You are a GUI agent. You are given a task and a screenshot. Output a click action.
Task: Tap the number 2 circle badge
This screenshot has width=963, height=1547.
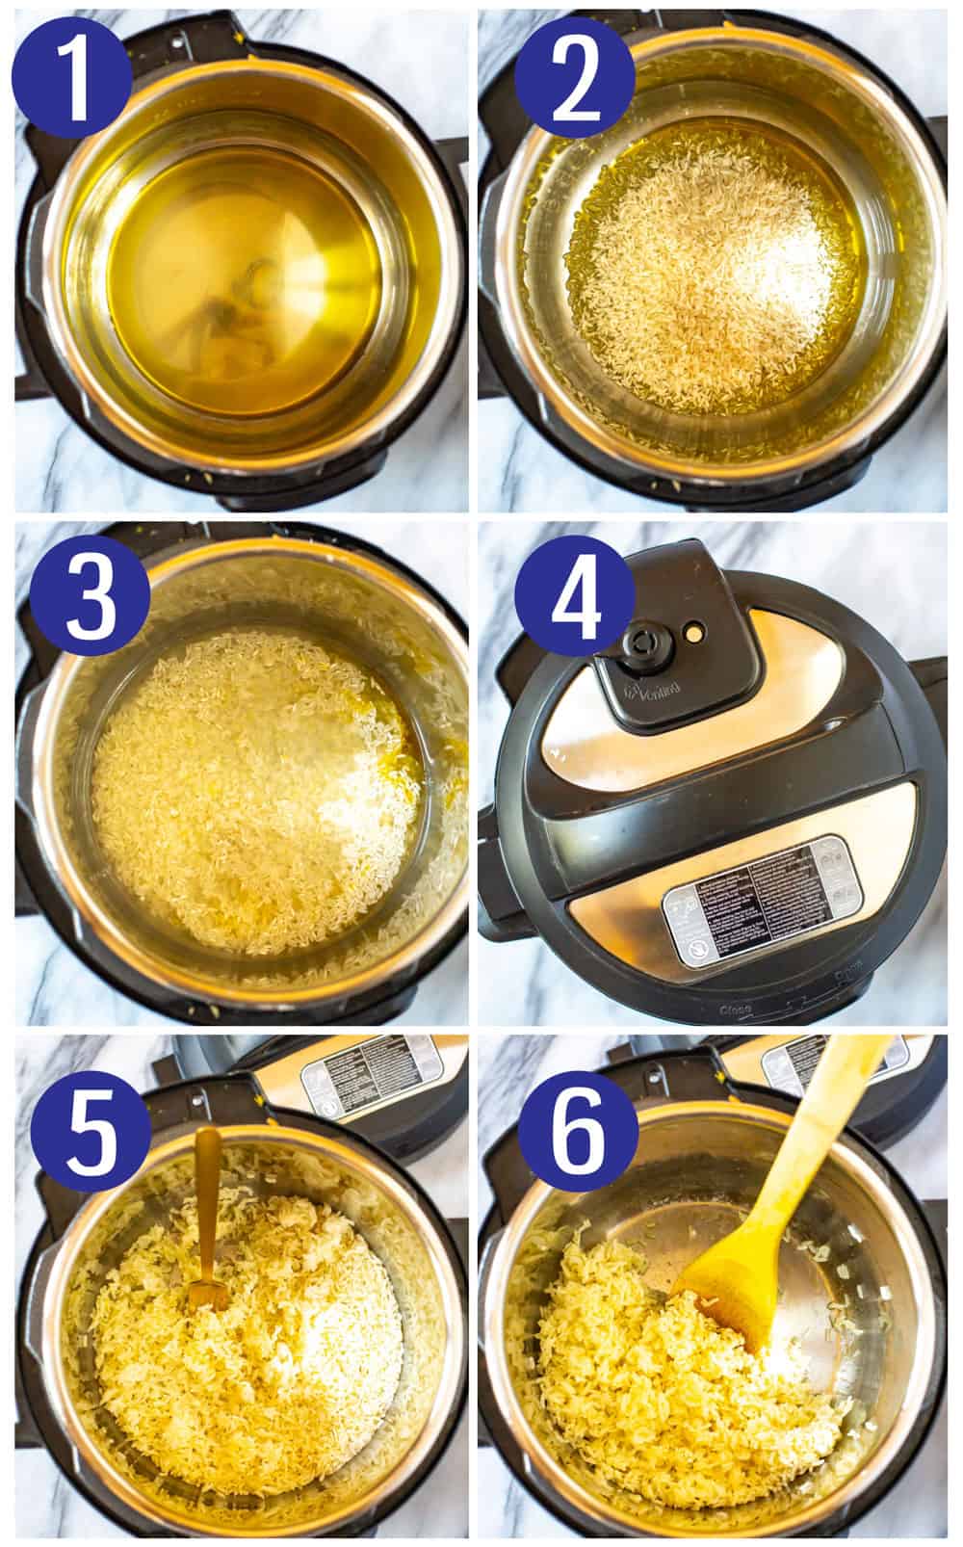[x=576, y=73]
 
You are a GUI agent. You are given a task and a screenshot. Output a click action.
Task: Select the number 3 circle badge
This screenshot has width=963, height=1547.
[x=89, y=593]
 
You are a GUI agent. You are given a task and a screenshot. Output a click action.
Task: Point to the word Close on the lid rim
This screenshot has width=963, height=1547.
[x=731, y=1009]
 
